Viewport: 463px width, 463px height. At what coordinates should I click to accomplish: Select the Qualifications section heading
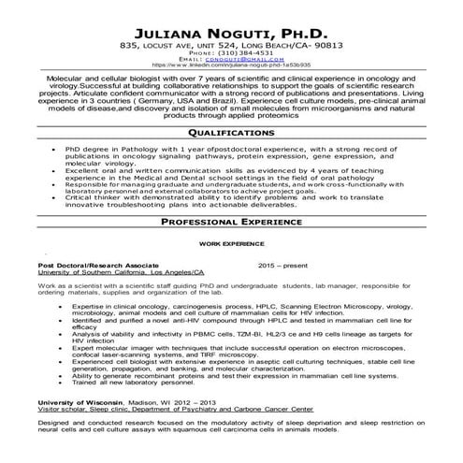(x=231, y=133)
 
